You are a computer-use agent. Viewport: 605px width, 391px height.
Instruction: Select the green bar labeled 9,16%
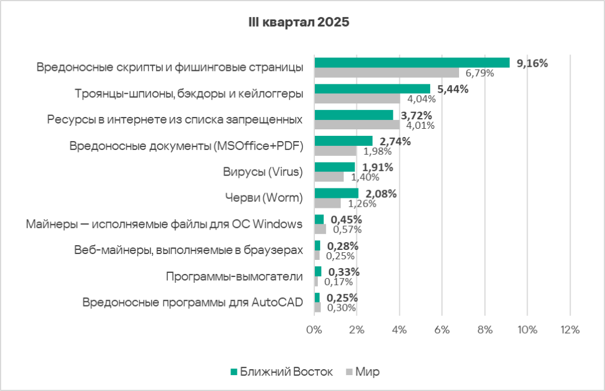(412, 63)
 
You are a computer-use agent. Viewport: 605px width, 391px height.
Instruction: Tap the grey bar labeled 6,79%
(386, 73)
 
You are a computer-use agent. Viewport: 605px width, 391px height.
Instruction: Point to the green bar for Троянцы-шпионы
(372, 89)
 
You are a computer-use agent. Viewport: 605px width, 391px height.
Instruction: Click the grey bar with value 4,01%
(357, 125)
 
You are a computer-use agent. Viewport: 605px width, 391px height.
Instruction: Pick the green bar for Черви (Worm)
(336, 193)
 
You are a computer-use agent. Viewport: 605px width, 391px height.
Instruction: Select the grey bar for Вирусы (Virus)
(329, 177)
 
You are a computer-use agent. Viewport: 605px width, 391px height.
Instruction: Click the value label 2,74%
(395, 141)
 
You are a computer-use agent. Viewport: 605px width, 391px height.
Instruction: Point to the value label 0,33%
(344, 272)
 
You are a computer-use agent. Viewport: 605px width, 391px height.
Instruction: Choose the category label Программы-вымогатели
(235, 277)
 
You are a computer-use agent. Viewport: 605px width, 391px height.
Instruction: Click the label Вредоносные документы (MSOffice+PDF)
(186, 146)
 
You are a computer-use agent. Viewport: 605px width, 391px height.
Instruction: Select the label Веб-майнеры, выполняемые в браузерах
(189, 250)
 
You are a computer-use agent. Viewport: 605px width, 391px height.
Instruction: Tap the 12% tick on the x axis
(570, 330)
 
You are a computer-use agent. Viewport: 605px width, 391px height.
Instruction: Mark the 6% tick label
(442, 330)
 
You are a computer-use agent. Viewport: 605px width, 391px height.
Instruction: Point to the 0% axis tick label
(314, 330)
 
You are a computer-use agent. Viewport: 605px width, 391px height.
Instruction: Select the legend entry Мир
(366, 372)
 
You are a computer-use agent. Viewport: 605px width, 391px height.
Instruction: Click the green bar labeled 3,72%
(353, 115)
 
